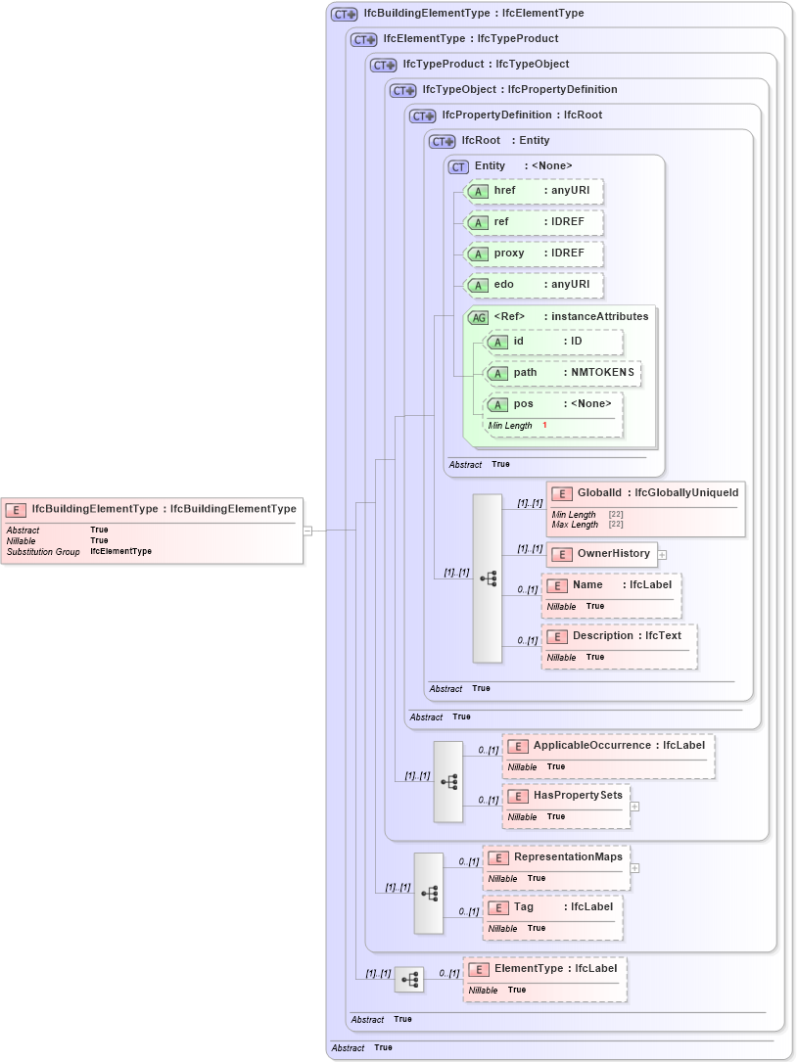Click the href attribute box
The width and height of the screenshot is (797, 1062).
coord(533,191)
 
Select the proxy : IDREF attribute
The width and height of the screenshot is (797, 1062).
coord(533,254)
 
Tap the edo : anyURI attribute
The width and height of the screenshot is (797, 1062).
coord(533,285)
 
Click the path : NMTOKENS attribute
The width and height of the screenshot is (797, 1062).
coord(563,373)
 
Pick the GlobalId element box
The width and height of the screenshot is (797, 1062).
coord(645,493)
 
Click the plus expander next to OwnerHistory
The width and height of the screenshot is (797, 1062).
coord(662,554)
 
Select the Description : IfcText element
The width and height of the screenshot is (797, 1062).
coord(619,636)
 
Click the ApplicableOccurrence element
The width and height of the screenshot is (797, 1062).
coord(608,746)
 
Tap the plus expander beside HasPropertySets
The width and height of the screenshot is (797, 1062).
coord(634,807)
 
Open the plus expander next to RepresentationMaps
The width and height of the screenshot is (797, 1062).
coord(634,867)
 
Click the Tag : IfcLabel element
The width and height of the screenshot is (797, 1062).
coord(553,907)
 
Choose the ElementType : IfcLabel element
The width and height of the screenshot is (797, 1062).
coord(545,969)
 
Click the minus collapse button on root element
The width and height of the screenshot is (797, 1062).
coord(307,531)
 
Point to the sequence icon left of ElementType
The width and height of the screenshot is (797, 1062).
coord(409,979)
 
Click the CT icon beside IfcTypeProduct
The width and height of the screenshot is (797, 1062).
coord(383,65)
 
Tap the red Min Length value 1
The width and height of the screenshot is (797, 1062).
coord(545,426)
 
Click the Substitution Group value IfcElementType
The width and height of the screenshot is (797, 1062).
coord(120,552)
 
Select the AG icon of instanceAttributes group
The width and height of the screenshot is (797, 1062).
coord(478,317)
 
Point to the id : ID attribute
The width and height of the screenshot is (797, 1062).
coord(554,342)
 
